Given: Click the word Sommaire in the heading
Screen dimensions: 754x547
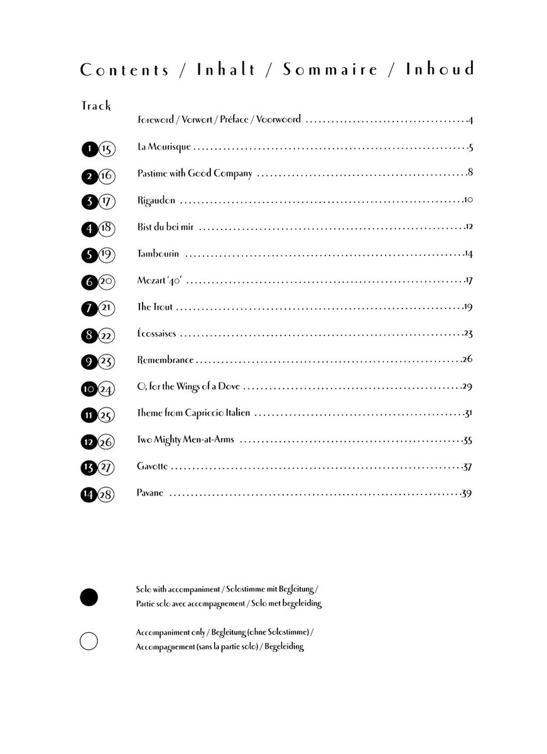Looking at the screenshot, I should tap(330, 69).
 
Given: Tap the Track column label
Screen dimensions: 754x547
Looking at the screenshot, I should tap(96, 106).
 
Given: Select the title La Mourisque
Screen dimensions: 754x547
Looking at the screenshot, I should tap(164, 148).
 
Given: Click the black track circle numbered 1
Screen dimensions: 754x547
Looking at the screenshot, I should tap(89, 149).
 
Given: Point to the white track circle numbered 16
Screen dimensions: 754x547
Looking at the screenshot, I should tap(106, 176).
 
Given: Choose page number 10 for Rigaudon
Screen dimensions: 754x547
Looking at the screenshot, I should tap(468, 200).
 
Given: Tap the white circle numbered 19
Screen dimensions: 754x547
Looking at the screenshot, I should tap(106, 255).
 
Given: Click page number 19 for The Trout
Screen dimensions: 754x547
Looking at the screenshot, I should tap(468, 307).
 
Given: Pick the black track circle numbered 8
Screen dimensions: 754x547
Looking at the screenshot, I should tap(89, 336).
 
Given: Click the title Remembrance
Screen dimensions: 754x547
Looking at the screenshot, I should tap(165, 360).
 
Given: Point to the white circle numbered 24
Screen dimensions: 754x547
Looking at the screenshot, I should tap(106, 390).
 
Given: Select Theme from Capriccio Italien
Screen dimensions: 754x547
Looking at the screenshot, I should tap(193, 413).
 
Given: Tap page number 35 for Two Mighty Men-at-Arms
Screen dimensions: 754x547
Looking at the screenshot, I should tap(467, 440).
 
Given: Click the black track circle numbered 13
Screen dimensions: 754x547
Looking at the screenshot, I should tap(89, 467).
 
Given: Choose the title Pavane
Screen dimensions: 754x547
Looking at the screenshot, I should tap(150, 493).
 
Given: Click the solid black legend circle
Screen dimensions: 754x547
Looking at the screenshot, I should tap(89, 596).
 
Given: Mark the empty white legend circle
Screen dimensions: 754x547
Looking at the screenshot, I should tap(89, 641).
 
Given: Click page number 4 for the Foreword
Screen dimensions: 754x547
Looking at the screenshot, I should tap(470, 119).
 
